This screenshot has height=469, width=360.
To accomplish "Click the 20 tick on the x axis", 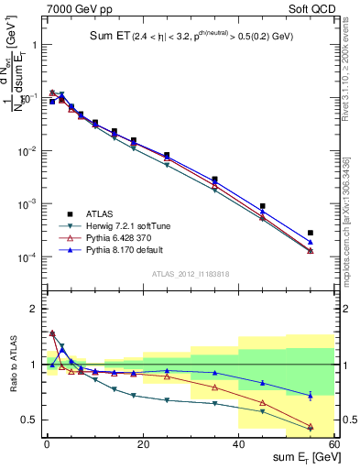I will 142,445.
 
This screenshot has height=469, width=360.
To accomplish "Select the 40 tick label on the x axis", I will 238,445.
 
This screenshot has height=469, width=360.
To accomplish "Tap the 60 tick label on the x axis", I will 333,445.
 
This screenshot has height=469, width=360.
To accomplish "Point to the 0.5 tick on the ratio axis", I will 29,420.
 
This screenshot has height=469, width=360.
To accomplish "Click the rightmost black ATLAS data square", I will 311,233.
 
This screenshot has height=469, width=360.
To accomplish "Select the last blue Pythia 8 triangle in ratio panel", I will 311,396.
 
